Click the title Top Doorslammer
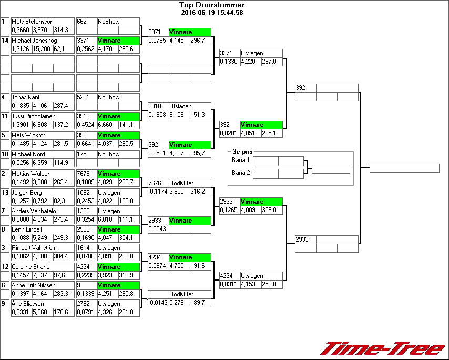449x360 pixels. (211, 5)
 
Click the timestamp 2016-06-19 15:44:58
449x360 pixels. (211, 12)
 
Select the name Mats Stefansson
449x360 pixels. (33, 22)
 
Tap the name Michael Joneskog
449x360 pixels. (34, 41)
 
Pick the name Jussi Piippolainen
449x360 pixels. (34, 116)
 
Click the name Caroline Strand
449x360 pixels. (30, 267)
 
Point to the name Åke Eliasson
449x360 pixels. (28, 304)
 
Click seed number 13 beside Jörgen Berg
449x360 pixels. (5, 193)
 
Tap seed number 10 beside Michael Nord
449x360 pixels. (5, 154)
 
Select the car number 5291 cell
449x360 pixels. (86, 97)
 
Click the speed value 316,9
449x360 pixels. (128, 275)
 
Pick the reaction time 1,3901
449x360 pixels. (21, 125)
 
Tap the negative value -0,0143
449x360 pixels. (157, 303)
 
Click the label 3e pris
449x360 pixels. (242, 152)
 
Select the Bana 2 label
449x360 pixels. (240, 173)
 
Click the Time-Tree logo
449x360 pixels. (382, 348)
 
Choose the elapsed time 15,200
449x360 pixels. (42, 49)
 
